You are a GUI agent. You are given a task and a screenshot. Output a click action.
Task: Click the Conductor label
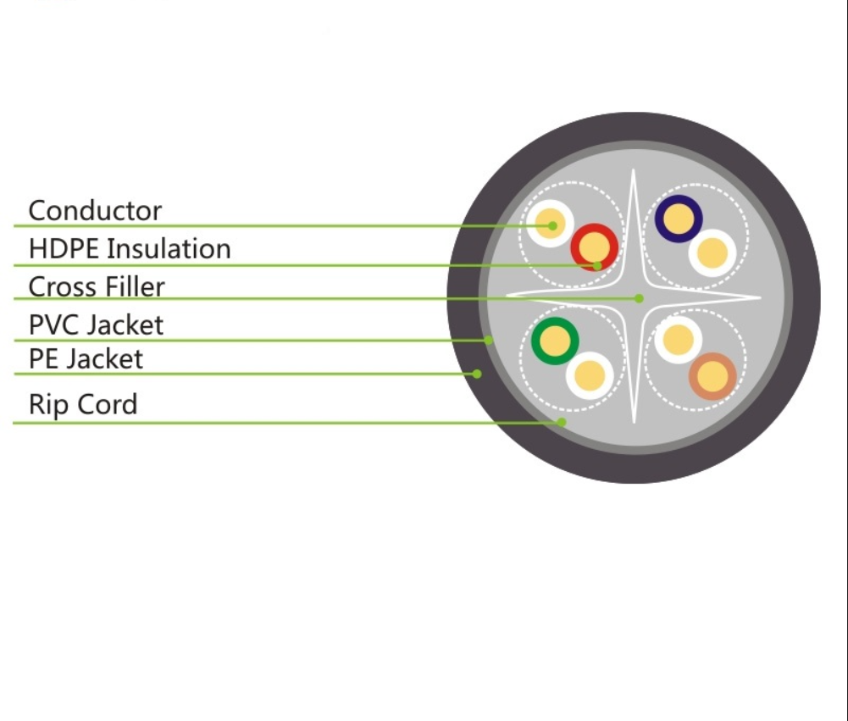[x=95, y=210]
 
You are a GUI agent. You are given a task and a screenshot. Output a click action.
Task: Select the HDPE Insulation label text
[x=130, y=249]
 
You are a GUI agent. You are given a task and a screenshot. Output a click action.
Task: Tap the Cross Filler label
[x=97, y=286]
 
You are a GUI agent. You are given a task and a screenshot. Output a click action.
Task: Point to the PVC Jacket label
[x=96, y=324]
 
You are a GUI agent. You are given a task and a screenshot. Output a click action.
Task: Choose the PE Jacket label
[x=86, y=358]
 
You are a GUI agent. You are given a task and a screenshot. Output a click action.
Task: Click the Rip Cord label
[x=83, y=404]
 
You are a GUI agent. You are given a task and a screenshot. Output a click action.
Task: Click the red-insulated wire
[x=594, y=247]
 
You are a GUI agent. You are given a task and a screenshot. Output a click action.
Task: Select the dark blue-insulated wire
[x=678, y=219]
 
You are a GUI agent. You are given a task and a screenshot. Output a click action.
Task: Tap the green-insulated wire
[x=555, y=341]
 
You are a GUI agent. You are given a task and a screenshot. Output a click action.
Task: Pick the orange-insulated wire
[x=712, y=375]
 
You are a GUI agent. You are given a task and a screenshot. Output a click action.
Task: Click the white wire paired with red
[x=550, y=225]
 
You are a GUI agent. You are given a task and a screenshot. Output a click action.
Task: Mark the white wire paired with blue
[x=712, y=252]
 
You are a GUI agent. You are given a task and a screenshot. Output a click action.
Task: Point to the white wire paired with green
[x=590, y=374]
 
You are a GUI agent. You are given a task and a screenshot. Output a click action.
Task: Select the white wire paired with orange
[x=678, y=340]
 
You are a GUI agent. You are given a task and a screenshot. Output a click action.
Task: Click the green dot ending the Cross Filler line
[x=640, y=298]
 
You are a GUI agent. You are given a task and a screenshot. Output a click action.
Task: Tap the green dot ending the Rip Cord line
[x=561, y=422]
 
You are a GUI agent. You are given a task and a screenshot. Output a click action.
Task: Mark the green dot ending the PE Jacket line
[x=477, y=373]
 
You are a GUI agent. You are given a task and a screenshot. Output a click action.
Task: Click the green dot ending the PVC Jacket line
[x=489, y=341]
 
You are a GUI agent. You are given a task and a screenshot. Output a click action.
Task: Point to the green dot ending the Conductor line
[x=552, y=225]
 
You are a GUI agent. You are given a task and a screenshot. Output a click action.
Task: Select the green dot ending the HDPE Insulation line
[x=597, y=265]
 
